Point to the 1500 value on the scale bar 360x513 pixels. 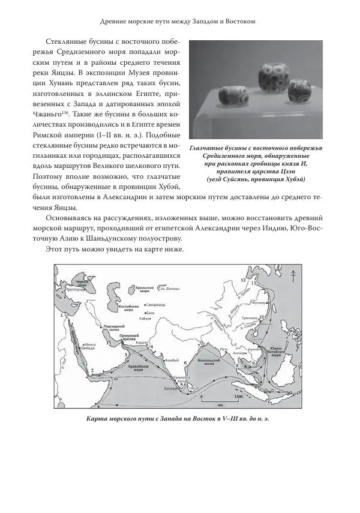pyautogui.click(x=238, y=397)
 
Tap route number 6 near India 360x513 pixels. pyautogui.click(x=185, y=363)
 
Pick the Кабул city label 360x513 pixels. pyautogui.click(x=144, y=319)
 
